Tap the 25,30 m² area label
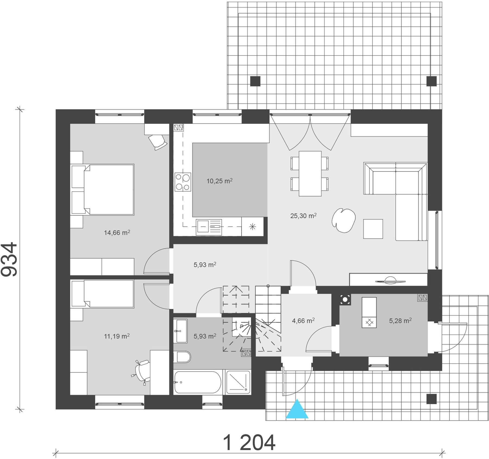(303, 216)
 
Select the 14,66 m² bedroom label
(117, 232)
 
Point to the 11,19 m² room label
(117, 336)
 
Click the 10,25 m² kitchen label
(219, 181)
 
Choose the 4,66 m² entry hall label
(303, 321)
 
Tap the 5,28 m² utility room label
(400, 321)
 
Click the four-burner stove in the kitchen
(183, 182)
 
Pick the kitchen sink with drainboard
(209, 227)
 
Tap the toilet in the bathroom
(182, 357)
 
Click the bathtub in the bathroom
(198, 382)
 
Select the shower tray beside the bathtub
(238, 382)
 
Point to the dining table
(310, 173)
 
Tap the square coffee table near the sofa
(373, 229)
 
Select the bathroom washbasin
(180, 331)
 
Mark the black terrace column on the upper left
(255, 81)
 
